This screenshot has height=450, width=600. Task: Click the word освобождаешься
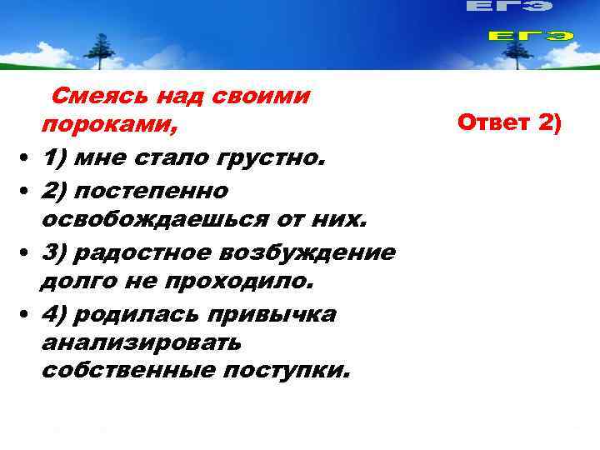pyautogui.click(x=154, y=220)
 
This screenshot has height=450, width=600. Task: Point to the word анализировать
pyautogui.click(x=141, y=343)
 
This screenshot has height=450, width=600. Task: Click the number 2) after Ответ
pyautogui.click(x=550, y=124)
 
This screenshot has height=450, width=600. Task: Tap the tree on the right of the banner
pyautogui.click(x=511, y=51)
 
